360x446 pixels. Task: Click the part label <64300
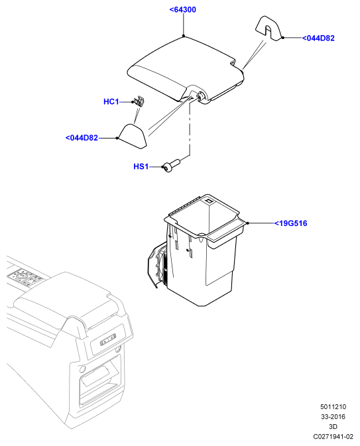(x=183, y=10)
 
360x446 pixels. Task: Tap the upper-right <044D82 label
(x=318, y=38)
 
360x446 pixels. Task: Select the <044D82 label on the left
(x=82, y=138)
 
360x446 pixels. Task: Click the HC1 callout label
(x=111, y=101)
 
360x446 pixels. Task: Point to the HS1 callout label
(x=141, y=166)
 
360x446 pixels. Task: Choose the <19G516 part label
(x=290, y=223)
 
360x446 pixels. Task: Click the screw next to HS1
(x=171, y=166)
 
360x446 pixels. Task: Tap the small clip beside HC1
(x=139, y=101)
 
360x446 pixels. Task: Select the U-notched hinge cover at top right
(x=269, y=28)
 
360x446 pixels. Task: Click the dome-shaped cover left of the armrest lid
(x=133, y=136)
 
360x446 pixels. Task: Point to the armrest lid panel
(x=185, y=70)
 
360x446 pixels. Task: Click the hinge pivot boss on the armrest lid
(x=201, y=96)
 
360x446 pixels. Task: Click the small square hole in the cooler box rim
(x=210, y=201)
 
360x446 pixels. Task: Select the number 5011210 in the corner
(x=333, y=407)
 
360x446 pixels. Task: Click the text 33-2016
(x=333, y=417)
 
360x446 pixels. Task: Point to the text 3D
(x=333, y=427)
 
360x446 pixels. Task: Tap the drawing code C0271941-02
(x=333, y=437)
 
